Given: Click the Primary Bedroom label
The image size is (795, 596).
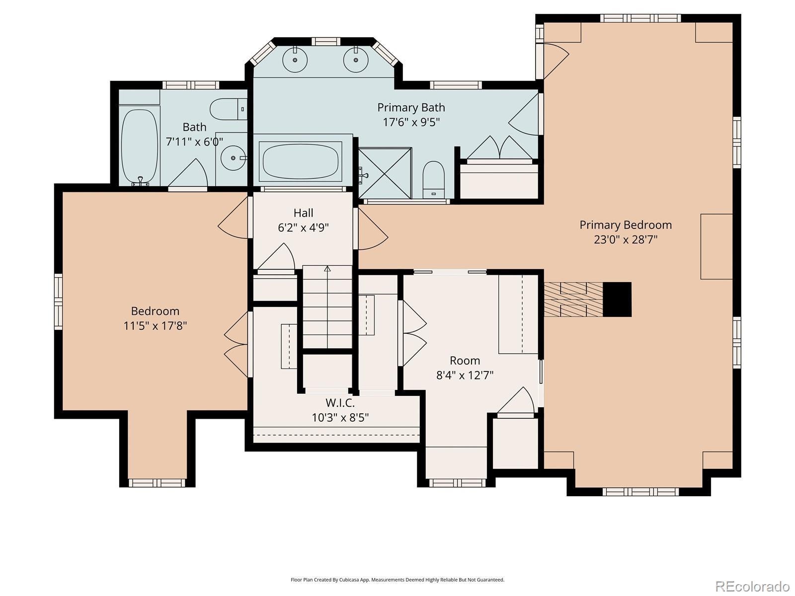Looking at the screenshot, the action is (626, 224).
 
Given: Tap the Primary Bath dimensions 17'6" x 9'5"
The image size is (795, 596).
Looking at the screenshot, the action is (411, 122).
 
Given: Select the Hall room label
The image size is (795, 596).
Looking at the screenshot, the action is (303, 213).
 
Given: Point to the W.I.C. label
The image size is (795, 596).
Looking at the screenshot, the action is (340, 403).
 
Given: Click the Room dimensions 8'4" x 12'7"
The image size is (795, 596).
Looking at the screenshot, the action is (465, 375).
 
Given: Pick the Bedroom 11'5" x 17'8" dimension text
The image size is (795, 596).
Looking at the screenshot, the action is (155, 326).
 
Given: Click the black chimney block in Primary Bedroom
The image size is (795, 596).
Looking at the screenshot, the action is (617, 299).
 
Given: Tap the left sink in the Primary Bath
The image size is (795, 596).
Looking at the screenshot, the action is (295, 59).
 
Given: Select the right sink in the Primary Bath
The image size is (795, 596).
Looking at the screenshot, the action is (356, 59).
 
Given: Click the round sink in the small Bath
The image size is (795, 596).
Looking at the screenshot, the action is (234, 158).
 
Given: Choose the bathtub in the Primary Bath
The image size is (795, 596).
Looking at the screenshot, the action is (301, 161).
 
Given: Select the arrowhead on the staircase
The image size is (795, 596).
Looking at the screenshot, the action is (327, 269).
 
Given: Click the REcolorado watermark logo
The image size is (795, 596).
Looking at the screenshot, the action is (753, 586).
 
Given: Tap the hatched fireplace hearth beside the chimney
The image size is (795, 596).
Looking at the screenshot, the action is (573, 299).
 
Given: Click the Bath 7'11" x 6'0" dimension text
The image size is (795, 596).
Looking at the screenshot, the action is (194, 142).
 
